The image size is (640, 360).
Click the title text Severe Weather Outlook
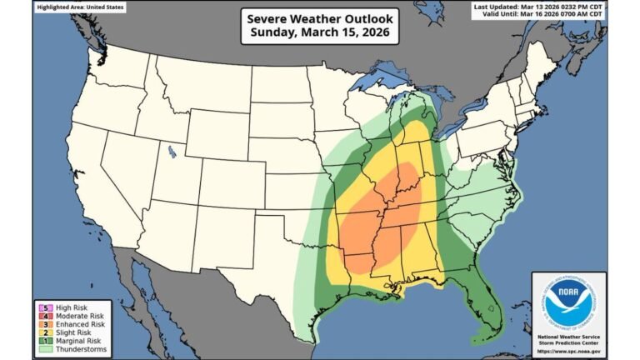coord(320,18)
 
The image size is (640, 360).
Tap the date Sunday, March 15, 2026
coord(320,33)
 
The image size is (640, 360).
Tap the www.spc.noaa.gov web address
coord(567,349)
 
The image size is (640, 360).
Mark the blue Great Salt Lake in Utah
coord(172,152)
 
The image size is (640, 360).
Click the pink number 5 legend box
coord(40,307)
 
